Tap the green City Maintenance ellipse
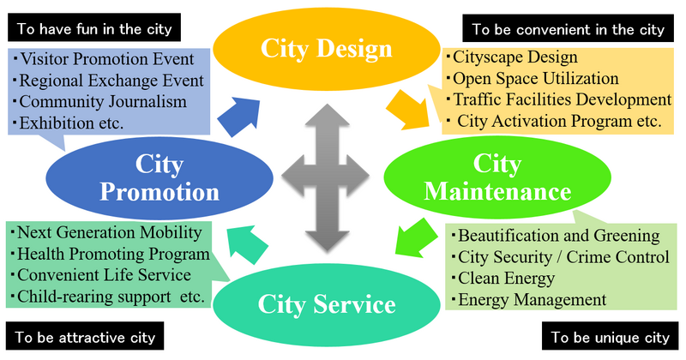[x=496, y=176]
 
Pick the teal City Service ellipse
[x=329, y=304]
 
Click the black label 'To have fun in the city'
[x=93, y=27]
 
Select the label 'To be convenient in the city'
[x=568, y=29]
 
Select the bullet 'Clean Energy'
[x=507, y=279]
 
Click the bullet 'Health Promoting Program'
[x=113, y=255]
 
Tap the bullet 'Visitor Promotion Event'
[x=111, y=61]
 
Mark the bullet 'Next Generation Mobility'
[x=110, y=233]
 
